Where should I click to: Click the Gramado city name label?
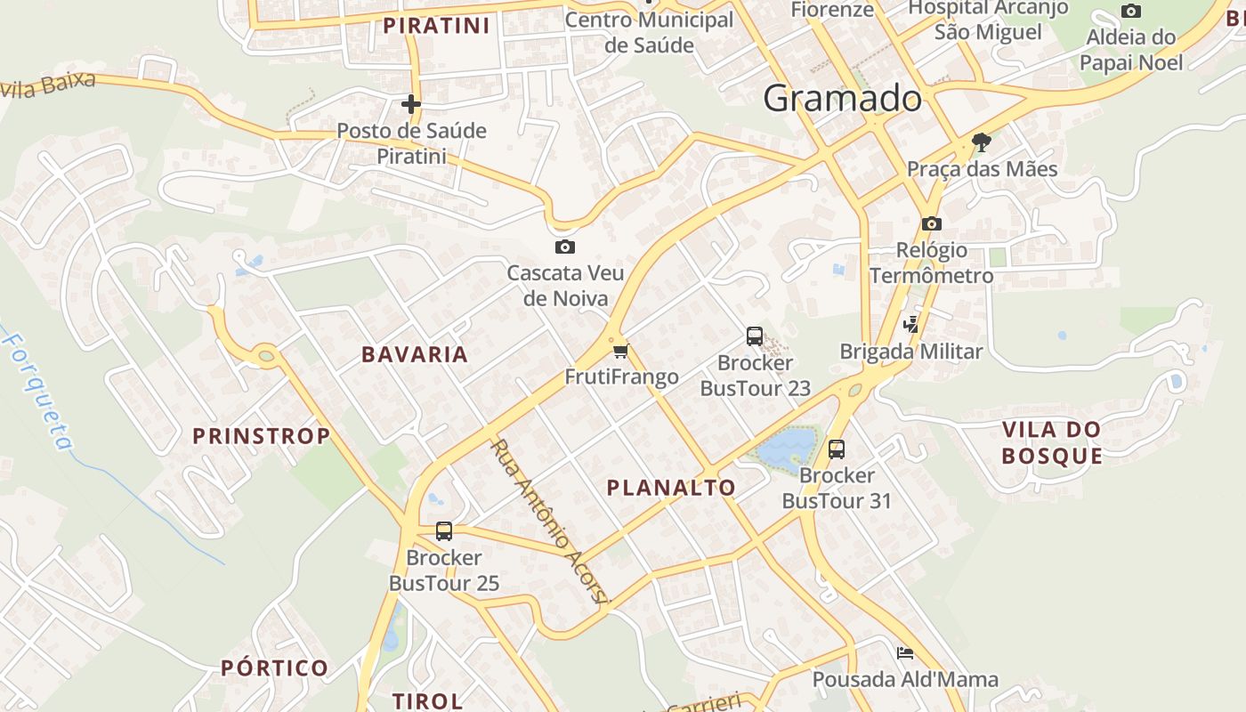point(842,98)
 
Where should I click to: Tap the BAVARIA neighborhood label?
point(414,354)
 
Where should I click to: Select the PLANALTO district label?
point(670,487)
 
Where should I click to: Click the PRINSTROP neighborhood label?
point(262,436)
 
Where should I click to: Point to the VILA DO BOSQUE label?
point(1051,442)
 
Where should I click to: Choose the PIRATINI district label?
point(436,26)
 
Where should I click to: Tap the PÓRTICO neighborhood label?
point(274,667)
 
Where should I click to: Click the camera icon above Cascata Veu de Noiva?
point(564,247)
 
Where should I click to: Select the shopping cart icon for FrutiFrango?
point(620,351)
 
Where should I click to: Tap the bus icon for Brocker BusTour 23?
point(755,336)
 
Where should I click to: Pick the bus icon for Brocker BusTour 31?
point(836,449)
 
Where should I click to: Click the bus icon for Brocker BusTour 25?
point(444,531)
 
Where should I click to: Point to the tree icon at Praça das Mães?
point(982,142)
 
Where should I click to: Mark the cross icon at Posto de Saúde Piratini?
point(410,104)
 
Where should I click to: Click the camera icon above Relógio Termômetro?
point(931,223)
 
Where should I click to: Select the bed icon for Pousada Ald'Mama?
point(905,652)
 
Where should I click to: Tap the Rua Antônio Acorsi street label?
point(549,521)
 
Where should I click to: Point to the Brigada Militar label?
point(911,352)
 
